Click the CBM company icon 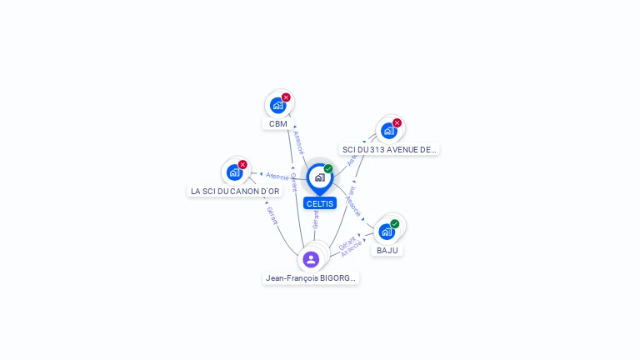tap(277, 105)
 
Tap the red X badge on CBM tap(286, 97)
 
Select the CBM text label tap(278, 124)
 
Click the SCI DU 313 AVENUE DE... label tap(389, 150)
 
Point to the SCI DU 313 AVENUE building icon tap(388, 131)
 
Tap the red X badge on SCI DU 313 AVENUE tap(397, 123)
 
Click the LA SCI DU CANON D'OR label tap(235, 191)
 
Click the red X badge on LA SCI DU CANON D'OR tap(242, 164)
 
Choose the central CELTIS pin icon tap(319, 177)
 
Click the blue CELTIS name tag tap(320, 203)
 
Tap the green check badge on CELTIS tap(328, 169)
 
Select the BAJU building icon tap(387, 231)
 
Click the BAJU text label tap(387, 250)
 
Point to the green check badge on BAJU tap(395, 223)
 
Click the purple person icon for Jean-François tap(311, 259)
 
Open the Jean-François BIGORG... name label tap(311, 278)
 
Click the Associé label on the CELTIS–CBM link tap(299, 142)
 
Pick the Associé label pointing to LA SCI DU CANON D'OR tap(277, 177)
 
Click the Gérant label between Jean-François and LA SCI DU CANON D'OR tap(271, 215)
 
